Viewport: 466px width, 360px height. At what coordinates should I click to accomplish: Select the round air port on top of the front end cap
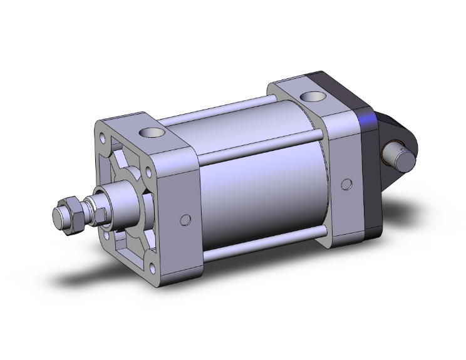[x=151, y=133]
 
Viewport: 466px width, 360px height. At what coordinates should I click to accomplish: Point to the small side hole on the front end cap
[x=184, y=220]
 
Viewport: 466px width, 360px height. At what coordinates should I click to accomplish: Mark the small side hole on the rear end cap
[x=346, y=185]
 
